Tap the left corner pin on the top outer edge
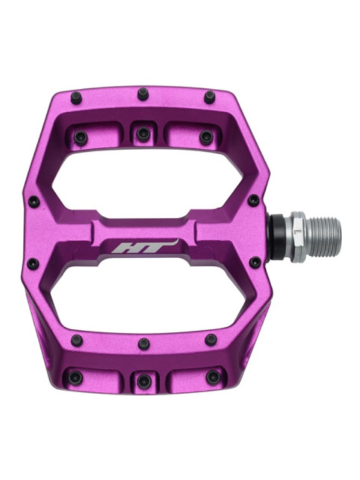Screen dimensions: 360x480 76,97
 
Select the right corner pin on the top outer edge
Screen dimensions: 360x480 210,95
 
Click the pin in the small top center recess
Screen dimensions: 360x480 142,132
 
